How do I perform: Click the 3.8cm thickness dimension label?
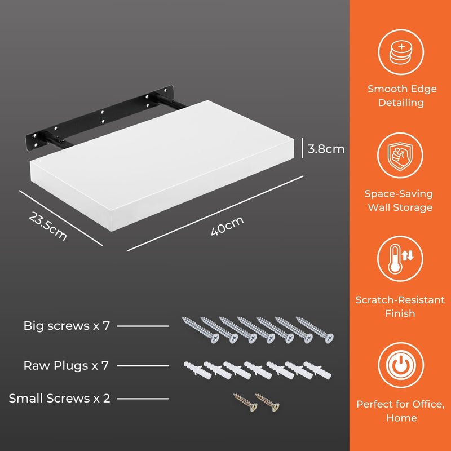click(326, 149)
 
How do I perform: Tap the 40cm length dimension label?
click(227, 226)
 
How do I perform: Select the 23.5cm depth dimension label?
click(48, 226)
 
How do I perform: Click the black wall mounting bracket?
click(99, 118)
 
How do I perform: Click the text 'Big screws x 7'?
click(67, 326)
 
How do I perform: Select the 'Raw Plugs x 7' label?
click(66, 365)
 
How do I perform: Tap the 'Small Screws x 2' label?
click(59, 399)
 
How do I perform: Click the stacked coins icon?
click(401, 52)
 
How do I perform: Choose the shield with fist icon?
click(400, 156)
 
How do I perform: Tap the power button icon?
click(401, 365)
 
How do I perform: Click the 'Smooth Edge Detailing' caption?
click(402, 96)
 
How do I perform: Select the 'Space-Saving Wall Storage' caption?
click(399, 201)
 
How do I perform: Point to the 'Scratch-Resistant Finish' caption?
click(400, 307)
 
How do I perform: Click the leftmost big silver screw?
click(200, 330)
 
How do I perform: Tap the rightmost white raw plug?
click(317, 370)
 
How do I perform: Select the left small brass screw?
click(245, 402)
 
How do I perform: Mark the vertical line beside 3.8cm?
click(302, 148)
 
